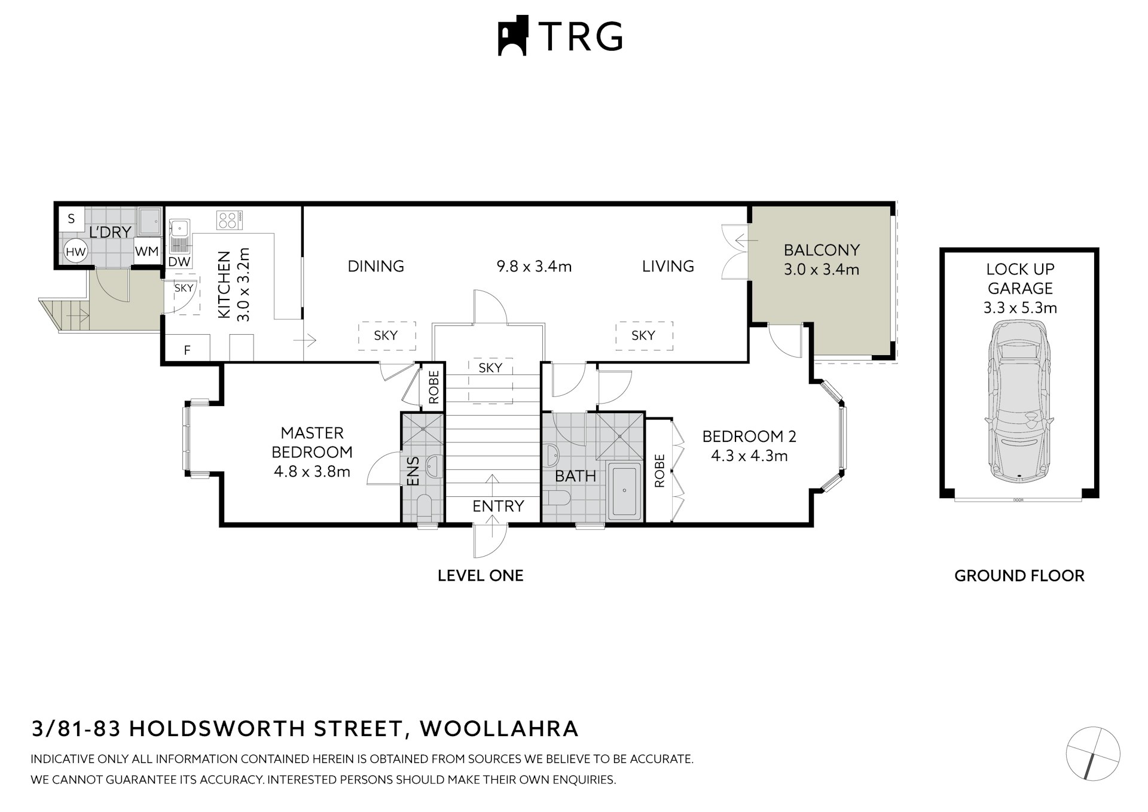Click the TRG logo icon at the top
[512, 36]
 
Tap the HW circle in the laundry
[75, 252]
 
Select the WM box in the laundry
[146, 252]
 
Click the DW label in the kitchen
[179, 262]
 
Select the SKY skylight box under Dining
[386, 335]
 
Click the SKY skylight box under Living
[643, 335]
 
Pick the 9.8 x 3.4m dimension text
[534, 266]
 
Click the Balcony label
[822, 250]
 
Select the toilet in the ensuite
[424, 507]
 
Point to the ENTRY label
[498, 506]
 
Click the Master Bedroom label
[312, 442]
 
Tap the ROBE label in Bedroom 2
[660, 471]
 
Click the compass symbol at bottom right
[1092, 753]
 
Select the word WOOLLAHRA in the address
[499, 728]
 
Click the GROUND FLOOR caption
[1019, 576]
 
